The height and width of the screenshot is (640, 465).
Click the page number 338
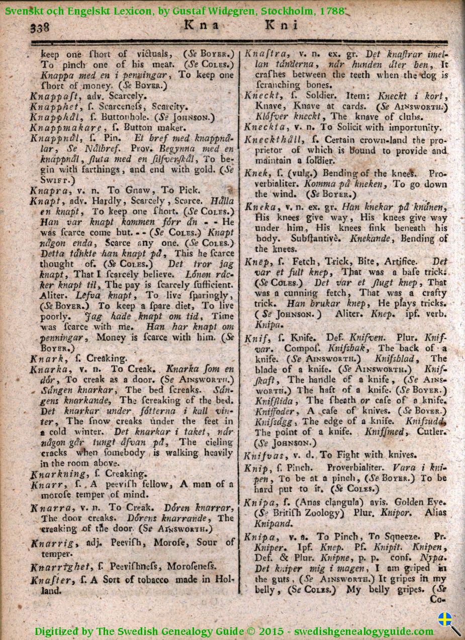[40, 28]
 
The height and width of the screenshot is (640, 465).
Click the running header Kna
[201, 25]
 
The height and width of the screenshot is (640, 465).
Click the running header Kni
[282, 25]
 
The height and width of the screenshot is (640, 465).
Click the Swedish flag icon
[445, 619]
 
